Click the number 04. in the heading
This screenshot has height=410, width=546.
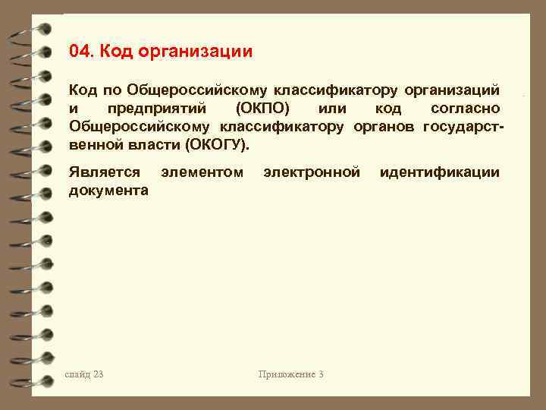click(81, 52)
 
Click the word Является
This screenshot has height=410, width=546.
click(104, 172)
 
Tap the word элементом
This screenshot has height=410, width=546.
click(202, 172)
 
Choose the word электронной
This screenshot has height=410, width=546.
click(311, 172)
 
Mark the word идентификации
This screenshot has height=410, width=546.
click(440, 172)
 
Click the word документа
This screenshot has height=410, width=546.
click(108, 190)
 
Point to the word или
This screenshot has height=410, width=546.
click(334, 108)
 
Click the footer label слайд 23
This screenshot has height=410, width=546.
click(84, 374)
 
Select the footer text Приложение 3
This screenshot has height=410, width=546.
click(290, 374)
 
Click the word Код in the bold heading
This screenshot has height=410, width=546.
click(116, 52)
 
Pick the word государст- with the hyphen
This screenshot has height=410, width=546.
click(463, 125)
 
